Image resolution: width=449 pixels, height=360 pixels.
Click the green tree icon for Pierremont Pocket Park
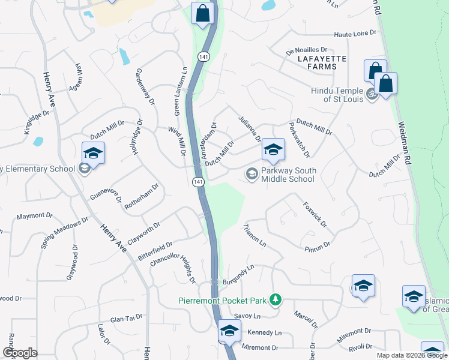point(275,299)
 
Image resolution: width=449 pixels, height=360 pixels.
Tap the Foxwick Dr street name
point(315,214)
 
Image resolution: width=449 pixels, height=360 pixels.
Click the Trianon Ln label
point(255,236)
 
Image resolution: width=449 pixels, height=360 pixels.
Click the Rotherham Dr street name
point(141,196)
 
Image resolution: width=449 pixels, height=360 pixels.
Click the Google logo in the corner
point(19,353)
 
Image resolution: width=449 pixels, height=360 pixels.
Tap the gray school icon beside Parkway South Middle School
point(252,174)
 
